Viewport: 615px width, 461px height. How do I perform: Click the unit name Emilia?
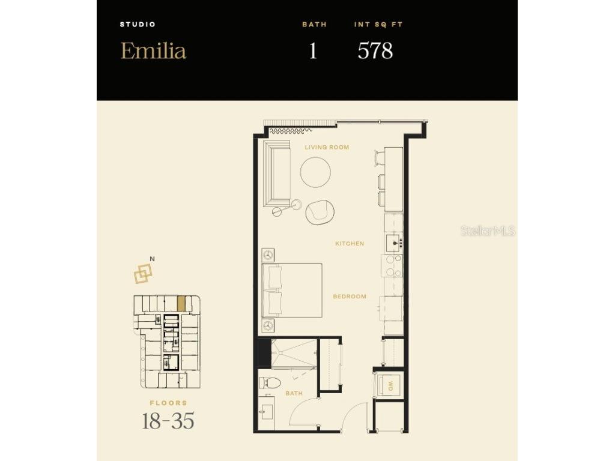(153, 50)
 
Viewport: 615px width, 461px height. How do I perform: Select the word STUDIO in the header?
(138, 25)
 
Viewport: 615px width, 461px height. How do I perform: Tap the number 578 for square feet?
(375, 51)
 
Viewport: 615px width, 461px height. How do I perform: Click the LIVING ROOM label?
(326, 147)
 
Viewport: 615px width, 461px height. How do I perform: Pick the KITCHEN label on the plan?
(350, 244)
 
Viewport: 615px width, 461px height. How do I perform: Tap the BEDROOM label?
(350, 297)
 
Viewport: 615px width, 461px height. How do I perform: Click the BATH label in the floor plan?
(294, 394)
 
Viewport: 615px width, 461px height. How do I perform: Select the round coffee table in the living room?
(315, 172)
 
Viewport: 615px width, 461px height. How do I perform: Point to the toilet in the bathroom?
(270, 382)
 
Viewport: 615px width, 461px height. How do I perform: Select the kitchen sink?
(395, 243)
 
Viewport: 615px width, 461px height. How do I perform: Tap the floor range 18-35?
(168, 421)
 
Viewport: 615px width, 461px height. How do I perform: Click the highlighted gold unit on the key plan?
(181, 303)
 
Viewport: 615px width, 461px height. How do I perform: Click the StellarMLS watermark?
(488, 230)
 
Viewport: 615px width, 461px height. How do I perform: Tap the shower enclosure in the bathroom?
(294, 353)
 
